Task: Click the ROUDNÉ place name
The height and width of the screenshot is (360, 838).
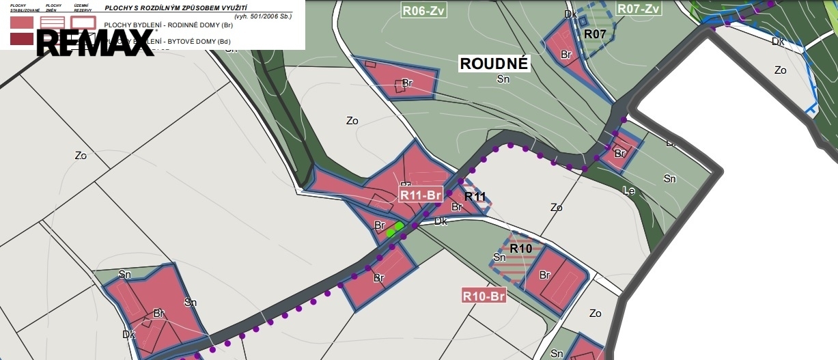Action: point(494,64)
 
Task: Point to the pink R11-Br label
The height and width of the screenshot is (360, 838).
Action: point(422,195)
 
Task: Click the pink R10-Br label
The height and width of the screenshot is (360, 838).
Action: point(484,296)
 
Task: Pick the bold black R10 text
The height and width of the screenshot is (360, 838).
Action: point(520,248)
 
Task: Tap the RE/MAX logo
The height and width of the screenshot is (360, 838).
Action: point(96,42)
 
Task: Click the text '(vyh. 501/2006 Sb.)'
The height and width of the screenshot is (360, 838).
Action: point(262,15)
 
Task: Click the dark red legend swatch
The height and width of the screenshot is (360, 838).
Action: point(22,40)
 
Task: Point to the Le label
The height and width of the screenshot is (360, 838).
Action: point(628,191)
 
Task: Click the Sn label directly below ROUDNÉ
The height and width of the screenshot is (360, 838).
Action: point(503,79)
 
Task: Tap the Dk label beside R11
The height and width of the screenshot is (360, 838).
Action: point(441,221)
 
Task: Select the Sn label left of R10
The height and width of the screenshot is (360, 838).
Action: point(500,258)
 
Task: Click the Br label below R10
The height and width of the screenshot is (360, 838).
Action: point(545,275)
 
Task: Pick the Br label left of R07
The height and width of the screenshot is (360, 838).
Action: point(565,54)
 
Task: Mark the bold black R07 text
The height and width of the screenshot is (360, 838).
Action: point(595,33)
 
